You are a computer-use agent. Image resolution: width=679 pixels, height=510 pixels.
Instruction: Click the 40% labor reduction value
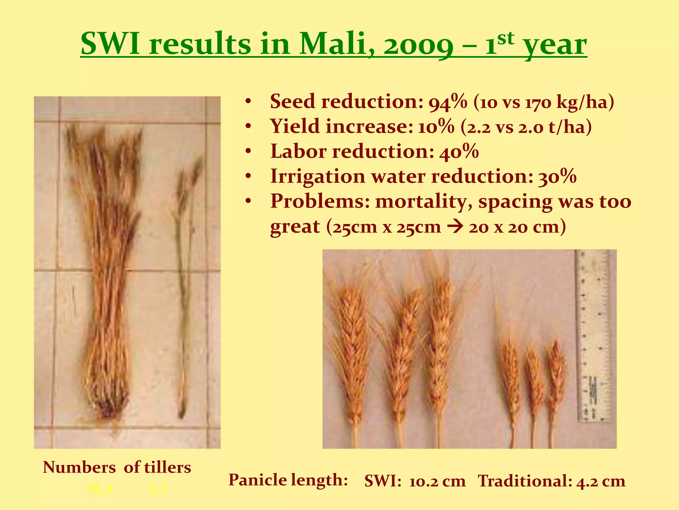459,152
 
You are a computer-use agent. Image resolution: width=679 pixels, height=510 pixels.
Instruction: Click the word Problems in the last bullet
319,202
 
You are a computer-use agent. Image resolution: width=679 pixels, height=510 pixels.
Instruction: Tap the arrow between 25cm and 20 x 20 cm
455,228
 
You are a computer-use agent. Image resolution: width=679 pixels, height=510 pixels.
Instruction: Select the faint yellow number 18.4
99,489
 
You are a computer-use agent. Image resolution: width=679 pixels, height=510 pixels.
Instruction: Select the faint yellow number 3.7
158,489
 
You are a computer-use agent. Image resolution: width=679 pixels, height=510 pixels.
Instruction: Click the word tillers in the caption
167,467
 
